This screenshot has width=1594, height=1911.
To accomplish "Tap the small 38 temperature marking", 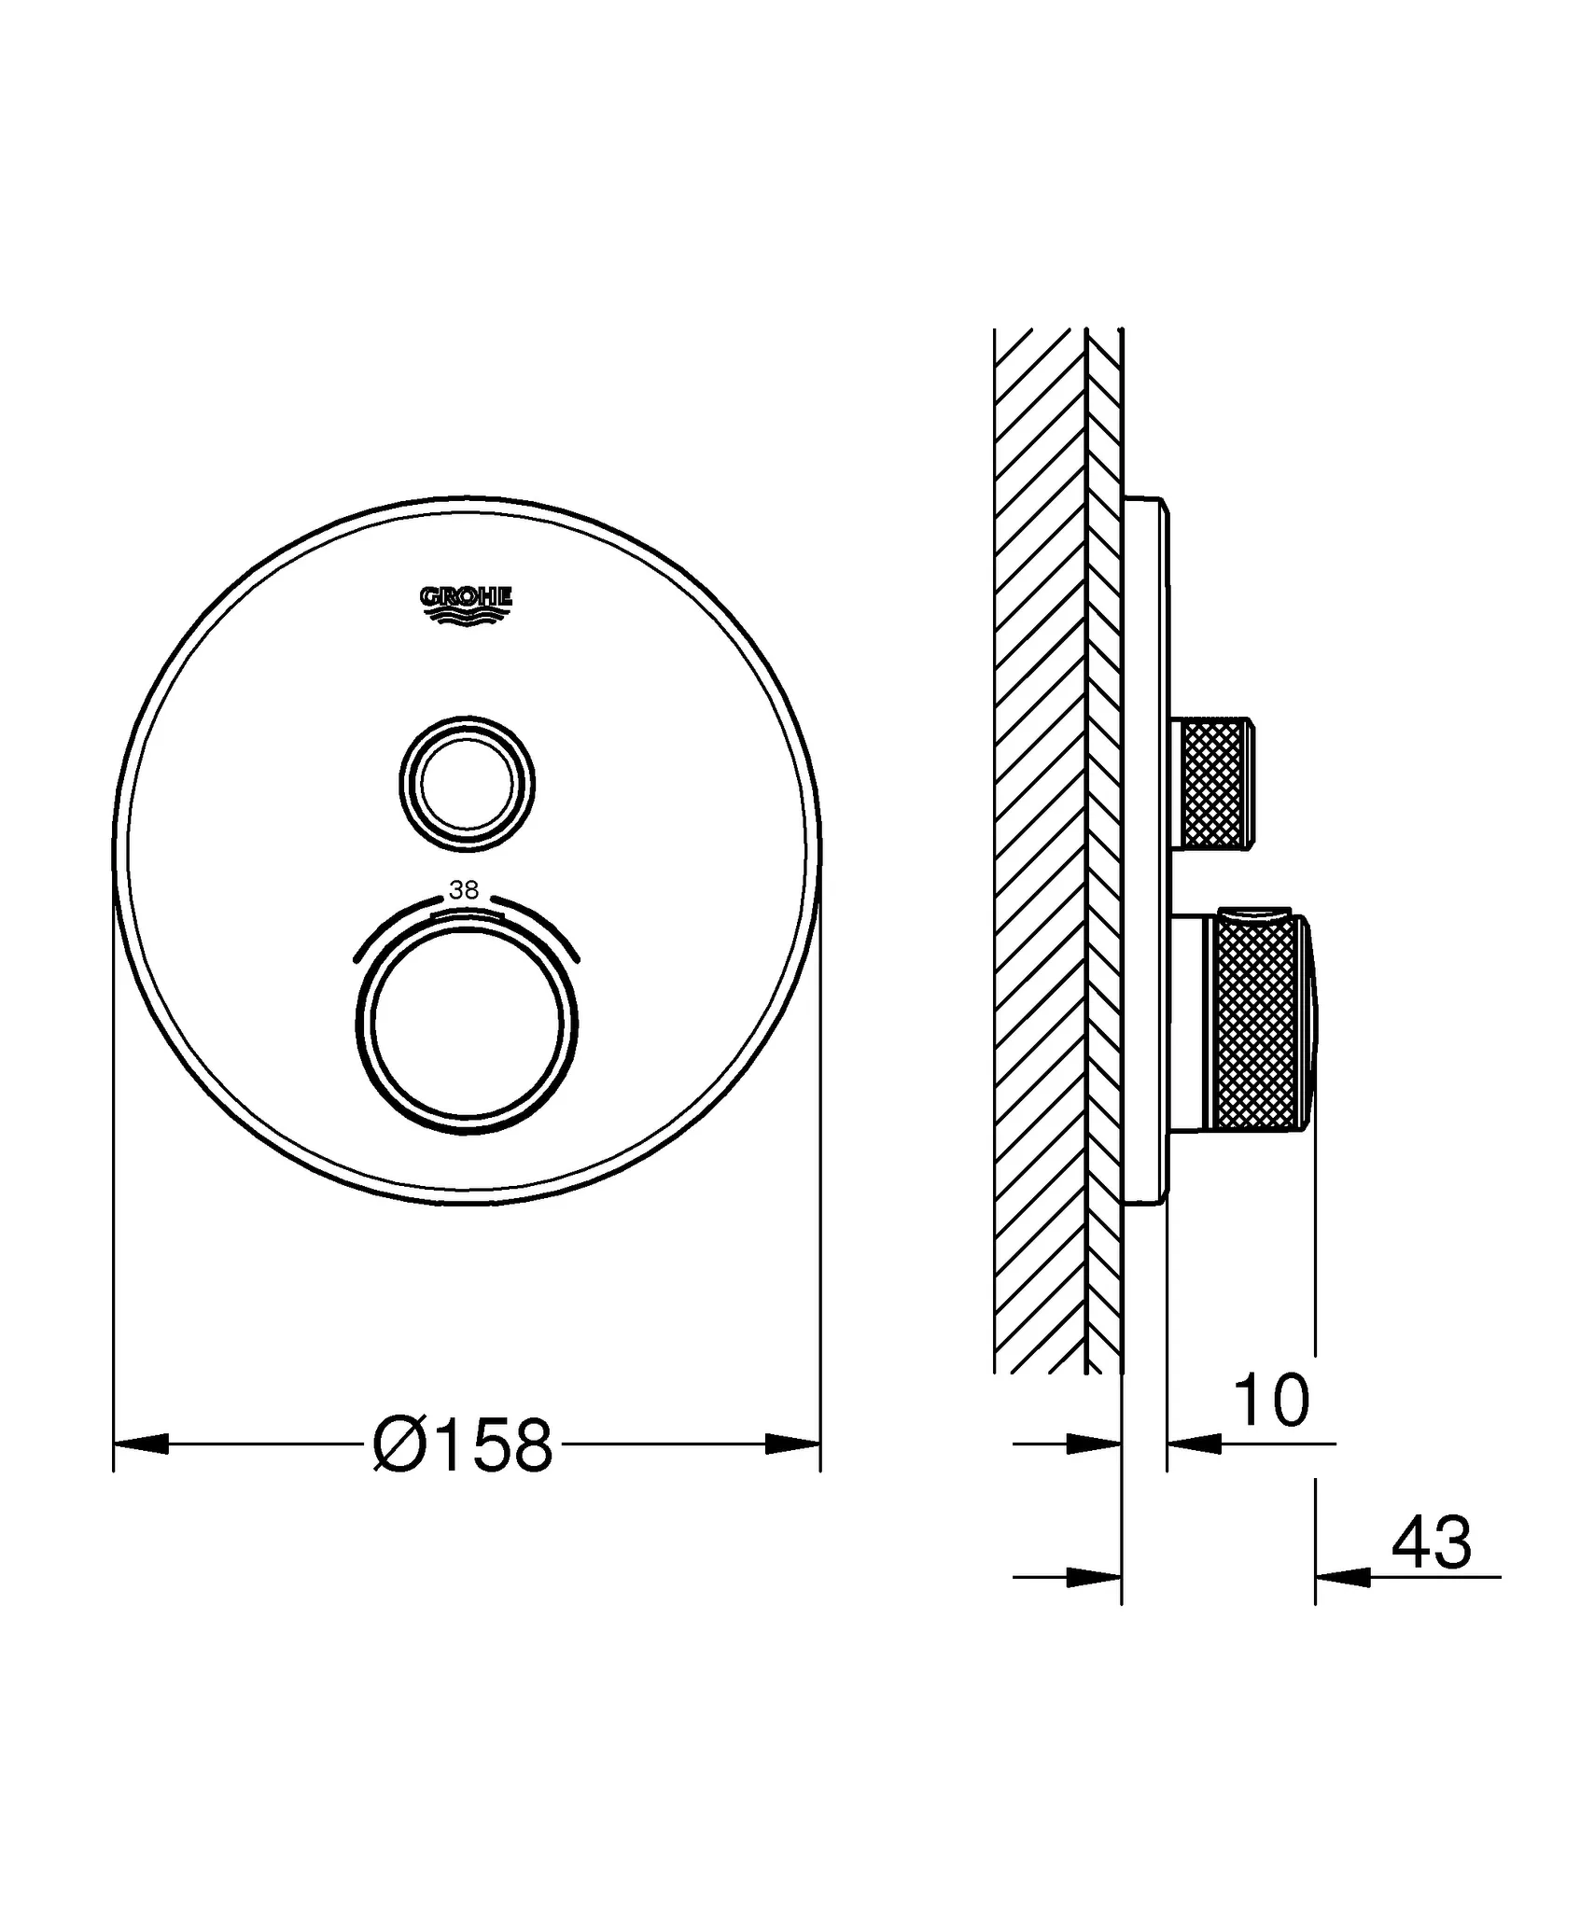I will point(464,890).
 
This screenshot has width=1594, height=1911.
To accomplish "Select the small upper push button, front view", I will point(467,784).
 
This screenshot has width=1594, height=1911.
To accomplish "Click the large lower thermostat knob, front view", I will point(467,1022).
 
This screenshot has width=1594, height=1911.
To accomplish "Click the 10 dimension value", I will point(1271,1401).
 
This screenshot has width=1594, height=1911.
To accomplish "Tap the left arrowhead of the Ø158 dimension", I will point(140,1444).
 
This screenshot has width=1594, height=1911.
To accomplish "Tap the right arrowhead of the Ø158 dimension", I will point(793,1444).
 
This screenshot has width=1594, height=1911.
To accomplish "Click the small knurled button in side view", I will point(1216,784).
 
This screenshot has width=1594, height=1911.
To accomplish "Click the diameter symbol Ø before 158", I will point(398,1445).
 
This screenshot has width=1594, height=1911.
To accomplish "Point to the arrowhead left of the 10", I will point(1195,1444).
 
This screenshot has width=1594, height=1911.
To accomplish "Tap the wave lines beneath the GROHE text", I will point(466,618).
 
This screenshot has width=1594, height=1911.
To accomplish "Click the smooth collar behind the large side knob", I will point(1188,1022).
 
